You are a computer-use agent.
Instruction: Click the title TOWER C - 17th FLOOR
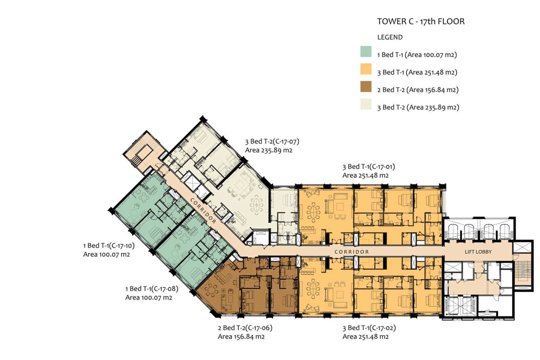[x=421, y=22]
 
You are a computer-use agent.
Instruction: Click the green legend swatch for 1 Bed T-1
[x=366, y=51]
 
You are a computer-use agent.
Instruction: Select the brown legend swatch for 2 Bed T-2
[x=366, y=86]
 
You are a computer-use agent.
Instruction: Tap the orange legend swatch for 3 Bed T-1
[x=366, y=69]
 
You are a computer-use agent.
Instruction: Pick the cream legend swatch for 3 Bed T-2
[x=366, y=104]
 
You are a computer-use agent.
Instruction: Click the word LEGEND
[x=390, y=37]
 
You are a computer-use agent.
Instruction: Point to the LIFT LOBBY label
[x=478, y=252]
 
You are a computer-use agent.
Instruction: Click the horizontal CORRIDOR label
[x=351, y=252]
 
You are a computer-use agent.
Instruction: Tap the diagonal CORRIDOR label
[x=203, y=211]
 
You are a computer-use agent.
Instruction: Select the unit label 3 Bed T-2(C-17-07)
[x=272, y=141]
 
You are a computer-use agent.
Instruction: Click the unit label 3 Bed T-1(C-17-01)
[x=369, y=166]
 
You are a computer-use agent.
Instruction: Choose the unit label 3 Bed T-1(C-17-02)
[x=369, y=328]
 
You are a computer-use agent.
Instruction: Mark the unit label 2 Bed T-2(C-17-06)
[x=245, y=328]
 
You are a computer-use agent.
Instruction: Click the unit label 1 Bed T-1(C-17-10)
[x=109, y=246]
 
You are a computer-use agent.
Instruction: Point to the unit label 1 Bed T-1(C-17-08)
[x=152, y=288]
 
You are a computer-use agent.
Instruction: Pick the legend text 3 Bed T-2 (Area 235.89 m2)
[x=418, y=107]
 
